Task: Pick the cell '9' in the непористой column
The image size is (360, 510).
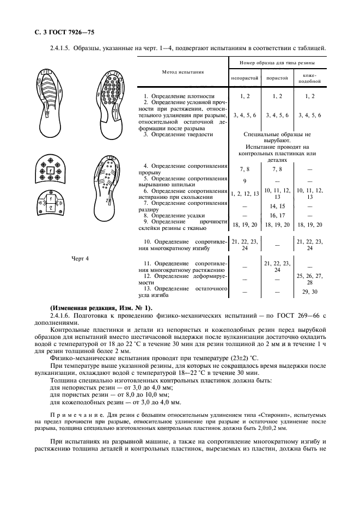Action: tap(245, 181)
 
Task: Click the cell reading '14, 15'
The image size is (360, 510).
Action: tap(277, 207)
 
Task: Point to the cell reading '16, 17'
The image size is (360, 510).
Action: tap(277, 216)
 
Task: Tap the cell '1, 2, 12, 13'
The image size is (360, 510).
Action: tap(245, 193)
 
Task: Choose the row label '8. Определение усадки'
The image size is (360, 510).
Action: tap(175, 216)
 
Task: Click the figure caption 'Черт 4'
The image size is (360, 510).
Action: tap(80, 259)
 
